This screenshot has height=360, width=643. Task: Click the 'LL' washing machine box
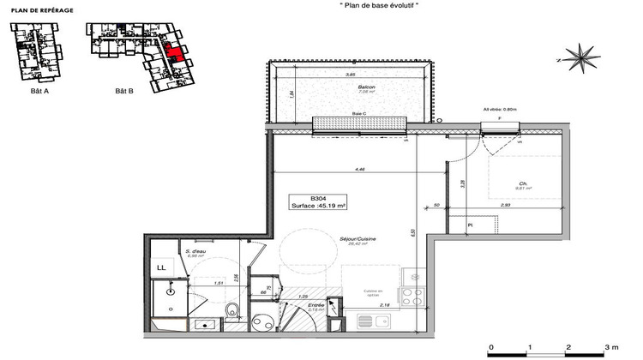(160, 267)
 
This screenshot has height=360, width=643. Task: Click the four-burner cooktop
(412, 297)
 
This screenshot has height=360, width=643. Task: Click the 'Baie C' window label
(360, 115)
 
